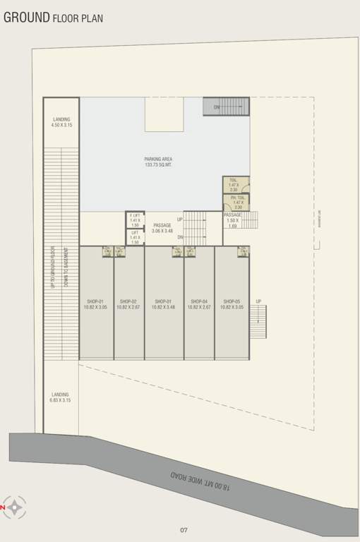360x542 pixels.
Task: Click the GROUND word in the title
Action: click(x=26, y=17)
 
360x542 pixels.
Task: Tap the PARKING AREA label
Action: click(x=158, y=159)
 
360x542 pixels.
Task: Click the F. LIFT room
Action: click(x=135, y=220)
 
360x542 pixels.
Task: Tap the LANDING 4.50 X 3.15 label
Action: click(x=61, y=122)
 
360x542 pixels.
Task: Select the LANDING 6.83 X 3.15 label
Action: click(x=60, y=397)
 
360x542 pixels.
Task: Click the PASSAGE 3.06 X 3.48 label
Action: click(x=162, y=228)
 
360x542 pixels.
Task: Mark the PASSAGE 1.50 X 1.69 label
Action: click(x=232, y=220)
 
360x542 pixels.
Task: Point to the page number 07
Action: click(x=184, y=530)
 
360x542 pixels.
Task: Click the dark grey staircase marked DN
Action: click(x=227, y=107)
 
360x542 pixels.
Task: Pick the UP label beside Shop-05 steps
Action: click(x=258, y=301)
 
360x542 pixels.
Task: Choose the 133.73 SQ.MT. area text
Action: click(x=158, y=165)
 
